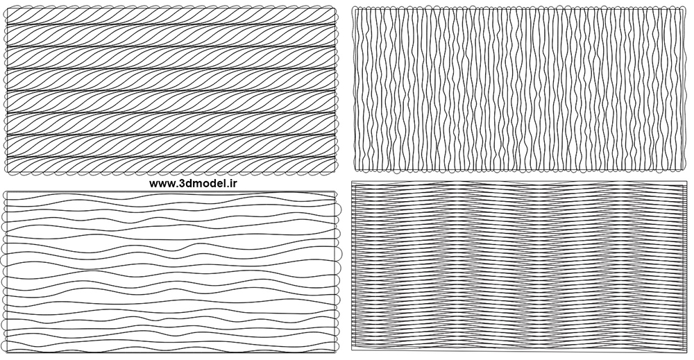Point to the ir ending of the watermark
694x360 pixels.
(x=232, y=184)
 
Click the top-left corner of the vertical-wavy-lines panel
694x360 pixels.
(x=354, y=7)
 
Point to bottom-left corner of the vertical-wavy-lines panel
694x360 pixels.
(x=354, y=169)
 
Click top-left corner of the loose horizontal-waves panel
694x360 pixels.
(x=5, y=191)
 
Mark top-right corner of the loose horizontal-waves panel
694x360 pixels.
(x=338, y=191)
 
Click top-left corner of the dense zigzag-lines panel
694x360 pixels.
(x=353, y=182)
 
